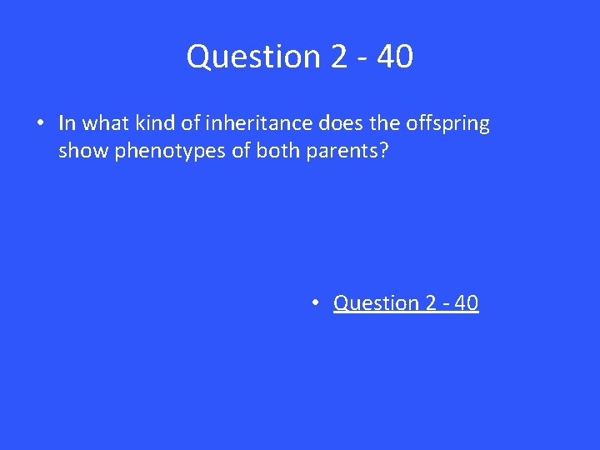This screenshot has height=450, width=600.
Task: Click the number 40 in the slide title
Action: [x=394, y=57]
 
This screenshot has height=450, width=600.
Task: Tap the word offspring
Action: [x=447, y=124]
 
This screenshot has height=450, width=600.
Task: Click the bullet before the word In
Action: [x=39, y=124]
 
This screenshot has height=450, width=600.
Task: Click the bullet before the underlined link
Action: [x=317, y=303]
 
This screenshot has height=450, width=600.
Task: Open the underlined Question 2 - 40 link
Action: [x=406, y=303]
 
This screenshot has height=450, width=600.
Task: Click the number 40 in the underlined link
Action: [x=467, y=303]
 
